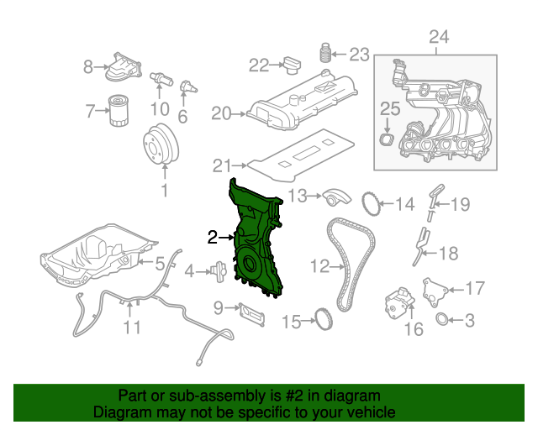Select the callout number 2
tap(214, 238)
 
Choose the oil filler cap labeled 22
tap(293, 63)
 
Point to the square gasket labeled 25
tap(387, 138)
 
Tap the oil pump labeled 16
tap(398, 302)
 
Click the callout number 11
tap(131, 327)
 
